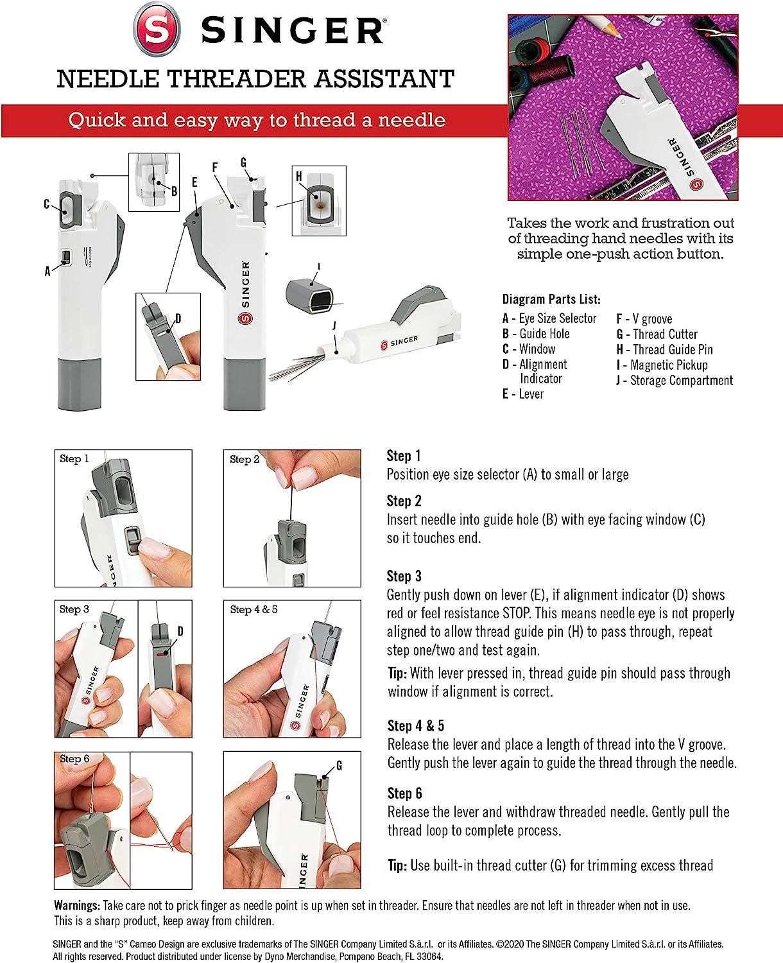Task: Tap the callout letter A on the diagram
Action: tap(47, 272)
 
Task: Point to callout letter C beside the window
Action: tap(47, 204)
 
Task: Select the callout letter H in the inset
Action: tap(298, 177)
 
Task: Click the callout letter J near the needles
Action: tap(334, 326)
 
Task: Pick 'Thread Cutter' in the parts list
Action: tap(664, 334)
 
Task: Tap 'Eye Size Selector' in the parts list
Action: tap(557, 318)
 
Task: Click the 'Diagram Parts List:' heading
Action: tap(551, 299)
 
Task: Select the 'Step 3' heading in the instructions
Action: tap(404, 576)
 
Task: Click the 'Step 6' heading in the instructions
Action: tap(404, 793)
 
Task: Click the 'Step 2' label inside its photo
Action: tap(245, 459)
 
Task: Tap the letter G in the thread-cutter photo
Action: tap(339, 765)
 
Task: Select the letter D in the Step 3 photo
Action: tap(180, 632)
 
